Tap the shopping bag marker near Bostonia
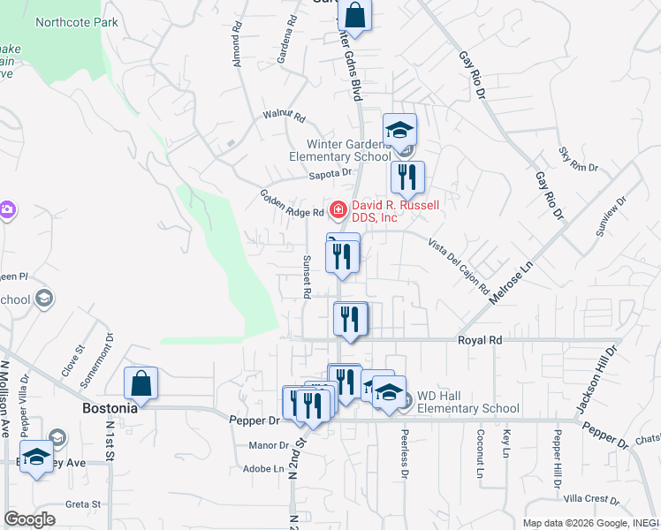point(141,383)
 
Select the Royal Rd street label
point(479,339)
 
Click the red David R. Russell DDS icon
point(338,210)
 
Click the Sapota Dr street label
point(330,174)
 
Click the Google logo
point(29,519)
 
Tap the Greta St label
point(84,504)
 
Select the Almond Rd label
point(236,45)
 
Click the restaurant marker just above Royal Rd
point(350,319)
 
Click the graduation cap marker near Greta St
point(36,458)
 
